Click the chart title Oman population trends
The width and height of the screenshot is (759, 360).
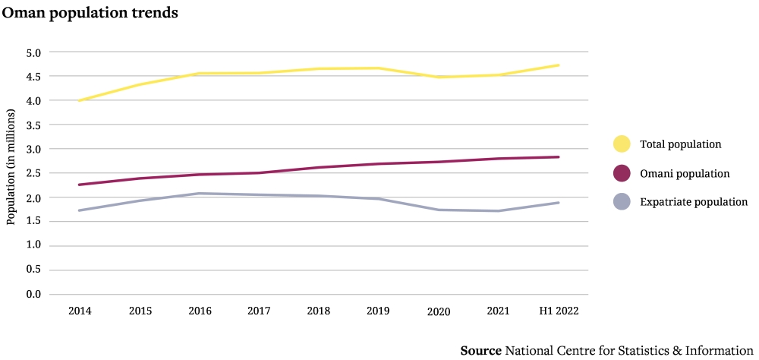[x=90, y=14]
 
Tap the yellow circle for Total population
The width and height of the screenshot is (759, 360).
[x=622, y=144]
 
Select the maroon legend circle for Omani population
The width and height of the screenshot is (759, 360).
[x=622, y=173]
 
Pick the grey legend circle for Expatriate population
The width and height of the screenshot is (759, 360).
[x=622, y=202]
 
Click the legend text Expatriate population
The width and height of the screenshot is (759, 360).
[x=694, y=202]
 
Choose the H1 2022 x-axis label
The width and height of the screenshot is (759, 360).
[x=559, y=311]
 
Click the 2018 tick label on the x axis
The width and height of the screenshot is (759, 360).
[x=319, y=311]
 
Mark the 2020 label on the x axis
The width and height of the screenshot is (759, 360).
[x=439, y=311]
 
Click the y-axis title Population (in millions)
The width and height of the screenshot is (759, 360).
[x=11, y=167]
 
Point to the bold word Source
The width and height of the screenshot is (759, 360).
[x=480, y=350]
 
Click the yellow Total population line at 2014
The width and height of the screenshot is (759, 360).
[x=79, y=100]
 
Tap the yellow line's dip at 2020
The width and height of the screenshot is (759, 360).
[x=439, y=77]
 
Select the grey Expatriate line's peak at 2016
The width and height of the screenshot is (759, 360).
[x=199, y=194]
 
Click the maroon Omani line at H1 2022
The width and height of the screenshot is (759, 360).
[x=559, y=157]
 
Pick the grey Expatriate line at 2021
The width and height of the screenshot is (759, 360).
[x=499, y=211]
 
